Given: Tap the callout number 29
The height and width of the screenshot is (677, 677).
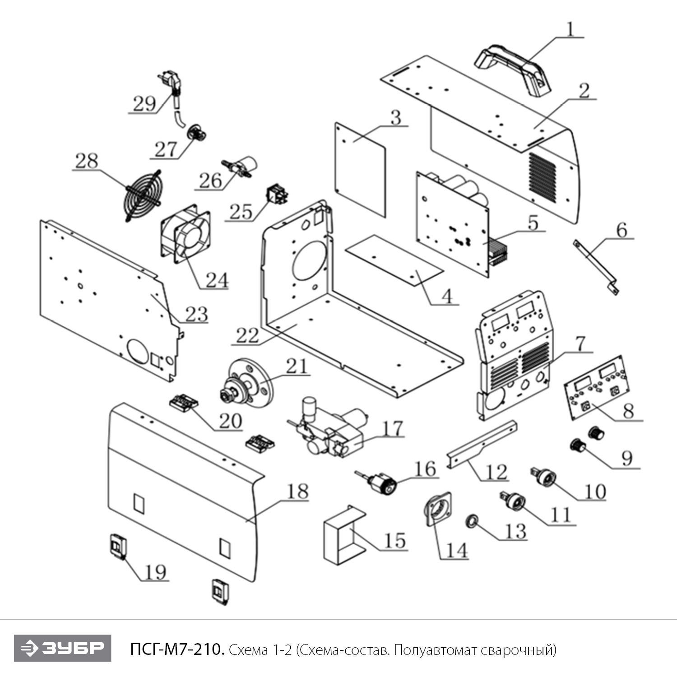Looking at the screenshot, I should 144,103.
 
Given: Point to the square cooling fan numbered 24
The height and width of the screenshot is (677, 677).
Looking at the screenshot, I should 185,234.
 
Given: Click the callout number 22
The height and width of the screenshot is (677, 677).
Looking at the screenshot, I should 248,335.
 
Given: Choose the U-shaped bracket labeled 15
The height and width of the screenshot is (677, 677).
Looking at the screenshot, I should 343,535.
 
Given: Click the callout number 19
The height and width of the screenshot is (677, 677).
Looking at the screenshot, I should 156,572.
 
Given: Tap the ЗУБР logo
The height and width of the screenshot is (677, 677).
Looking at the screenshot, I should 62,648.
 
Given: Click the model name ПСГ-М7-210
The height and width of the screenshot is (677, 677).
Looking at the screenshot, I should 177,649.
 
